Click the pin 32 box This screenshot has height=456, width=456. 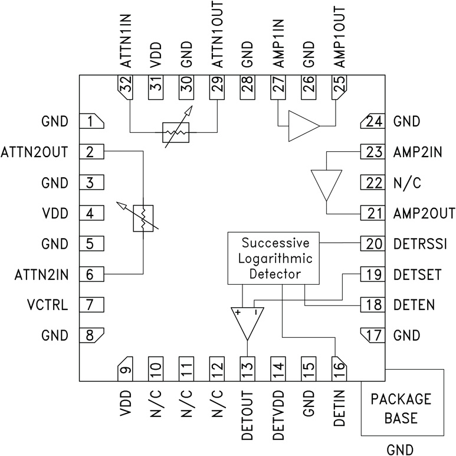click(124, 88)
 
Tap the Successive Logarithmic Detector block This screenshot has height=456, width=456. click(273, 258)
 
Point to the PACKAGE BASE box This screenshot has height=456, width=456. click(402, 408)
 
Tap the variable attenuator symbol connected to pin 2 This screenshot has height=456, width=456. click(143, 219)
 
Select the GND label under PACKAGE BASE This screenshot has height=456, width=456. click(402, 448)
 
